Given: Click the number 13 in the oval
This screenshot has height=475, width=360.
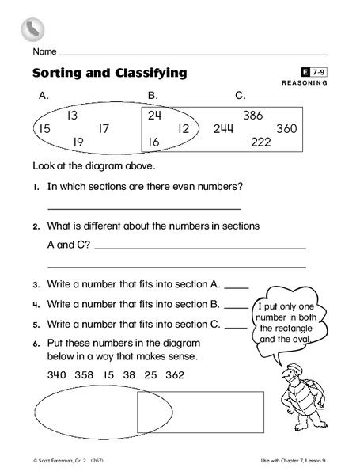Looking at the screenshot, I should [x=72, y=115].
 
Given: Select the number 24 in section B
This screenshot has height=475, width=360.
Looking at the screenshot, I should [x=154, y=115].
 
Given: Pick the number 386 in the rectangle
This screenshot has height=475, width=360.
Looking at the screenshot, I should [x=253, y=115].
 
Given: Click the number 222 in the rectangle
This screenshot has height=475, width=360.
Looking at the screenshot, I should [x=261, y=142].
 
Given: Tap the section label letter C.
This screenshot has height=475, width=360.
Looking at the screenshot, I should [x=241, y=97].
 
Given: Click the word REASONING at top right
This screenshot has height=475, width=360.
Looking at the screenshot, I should [x=304, y=84].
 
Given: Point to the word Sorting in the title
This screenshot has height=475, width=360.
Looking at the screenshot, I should [x=60, y=74].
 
